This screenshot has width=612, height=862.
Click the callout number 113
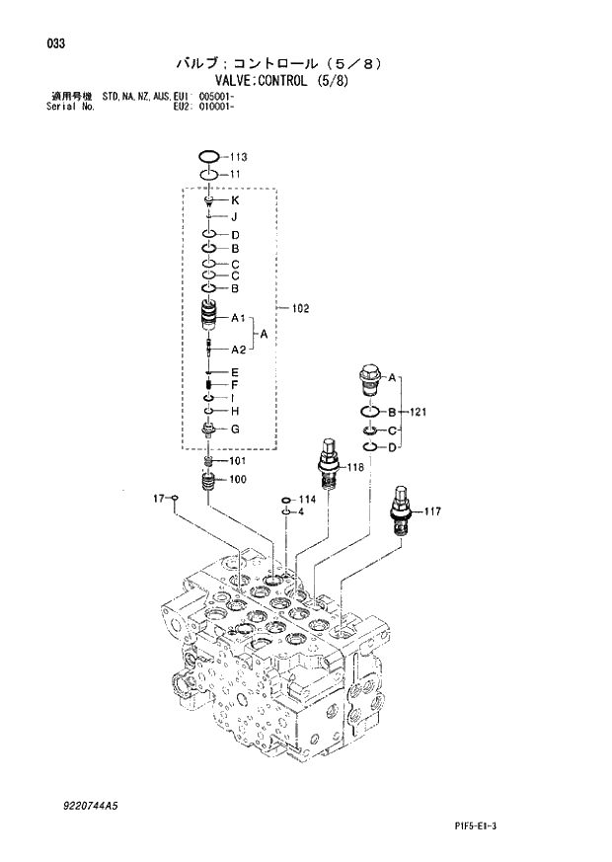click(238, 157)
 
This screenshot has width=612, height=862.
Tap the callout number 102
click(300, 309)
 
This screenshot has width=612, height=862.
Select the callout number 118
click(355, 466)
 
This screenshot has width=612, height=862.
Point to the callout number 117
click(431, 511)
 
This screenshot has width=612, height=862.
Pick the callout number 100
click(238, 480)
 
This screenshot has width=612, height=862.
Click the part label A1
click(238, 318)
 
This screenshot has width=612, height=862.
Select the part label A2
click(238, 350)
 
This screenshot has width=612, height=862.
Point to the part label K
click(236, 200)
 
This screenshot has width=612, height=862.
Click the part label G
click(236, 429)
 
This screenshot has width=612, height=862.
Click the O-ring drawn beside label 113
click(208, 156)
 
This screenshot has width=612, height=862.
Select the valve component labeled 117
click(401, 509)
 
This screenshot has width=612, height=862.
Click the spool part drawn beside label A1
click(208, 317)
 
